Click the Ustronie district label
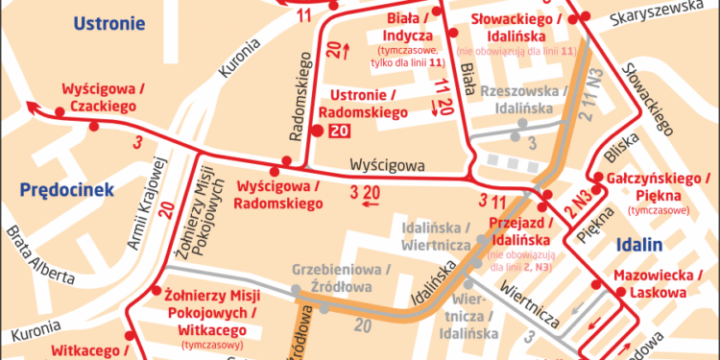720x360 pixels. pyautogui.click(x=108, y=23)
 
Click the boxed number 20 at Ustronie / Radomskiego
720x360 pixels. pyautogui.click(x=338, y=132)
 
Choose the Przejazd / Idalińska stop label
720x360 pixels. pyautogui.click(x=517, y=229)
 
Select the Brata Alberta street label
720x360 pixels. pyautogui.click(x=38, y=255)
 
